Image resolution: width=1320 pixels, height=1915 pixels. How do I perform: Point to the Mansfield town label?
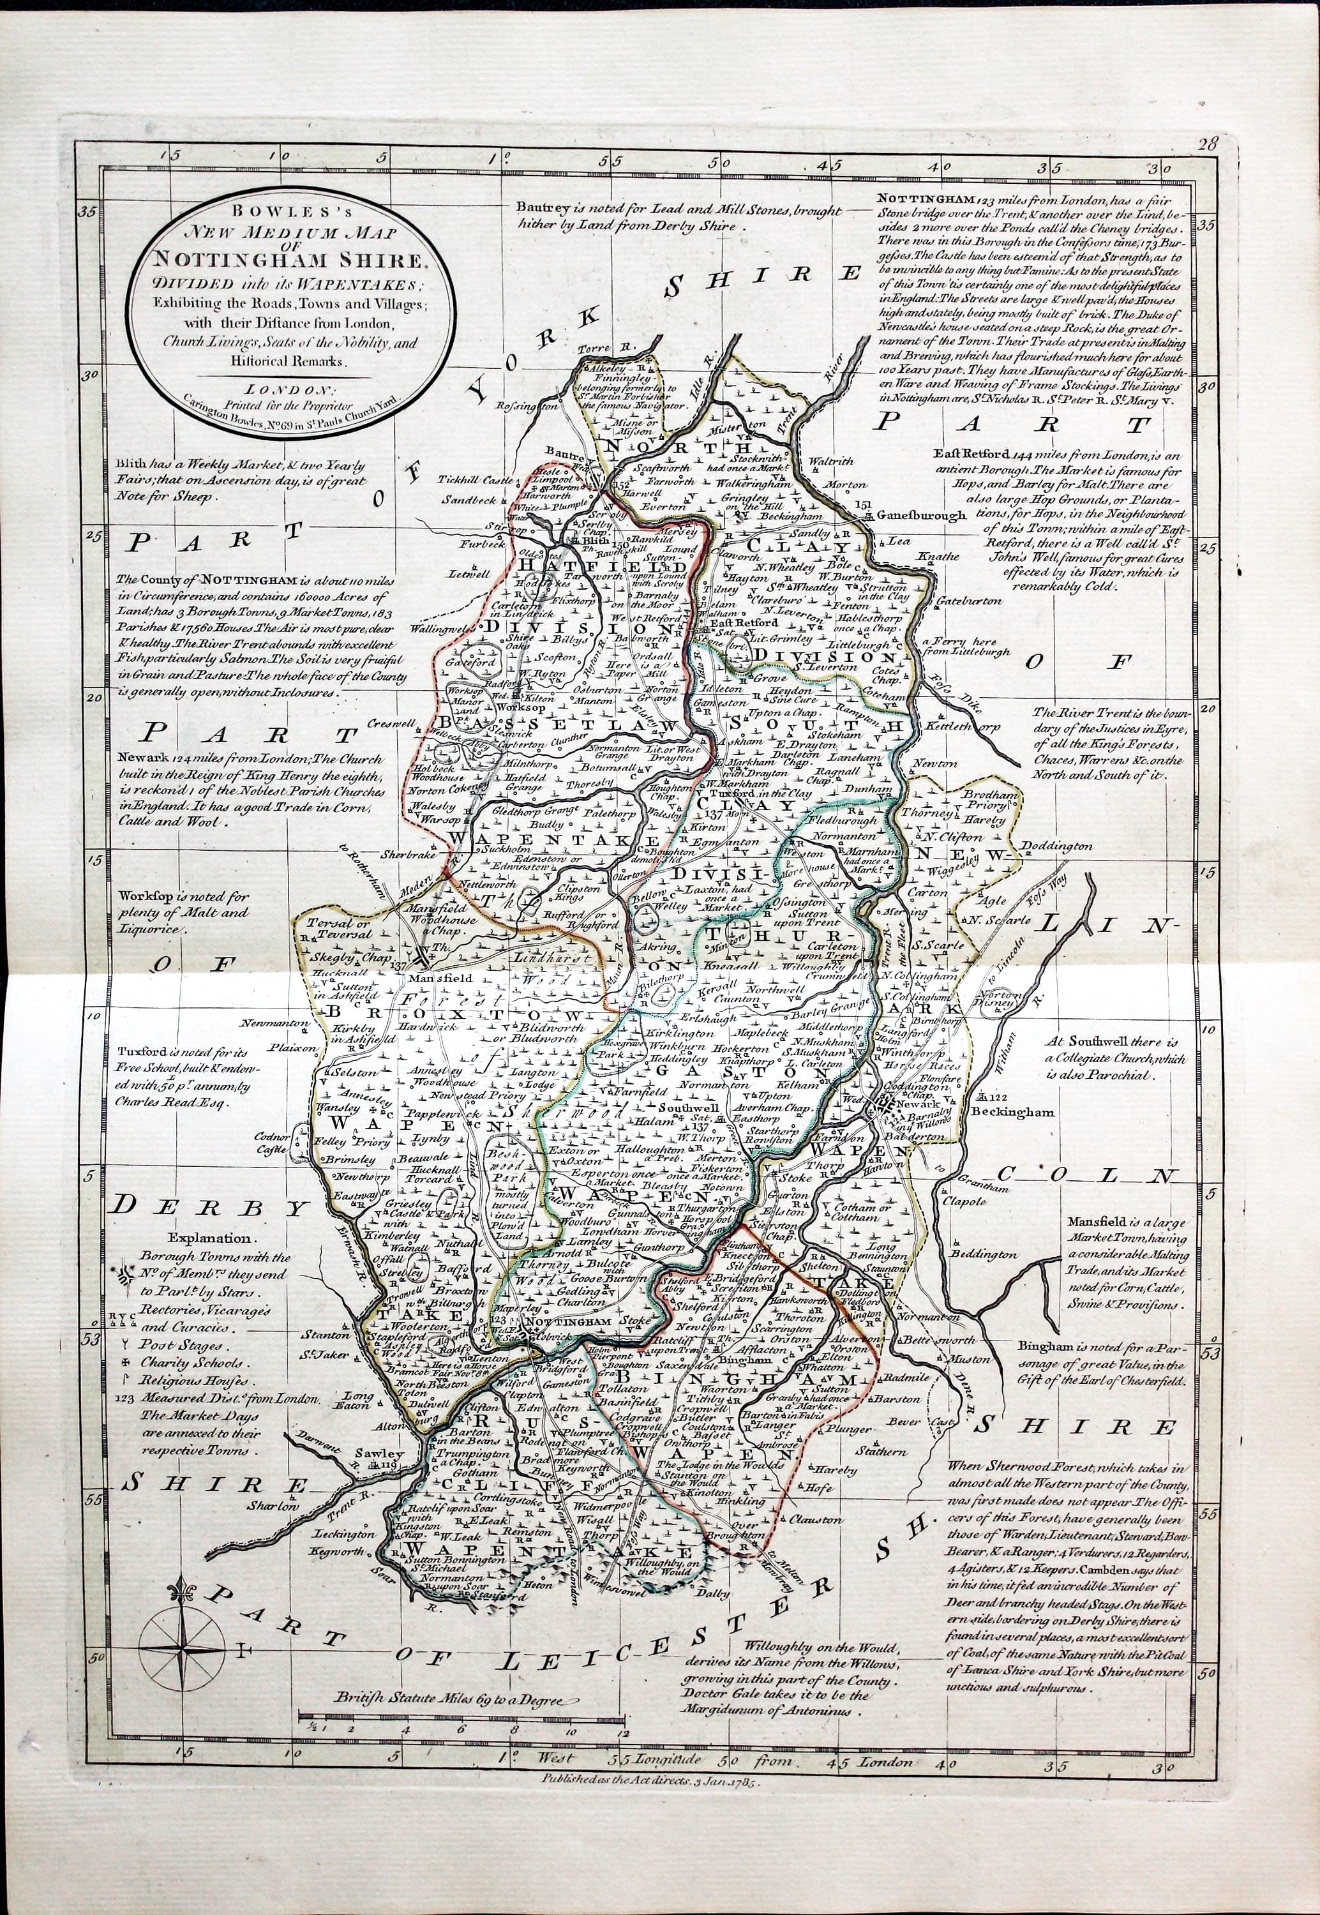tap(427, 978)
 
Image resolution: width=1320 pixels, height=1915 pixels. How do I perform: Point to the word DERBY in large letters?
tap(209, 1206)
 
